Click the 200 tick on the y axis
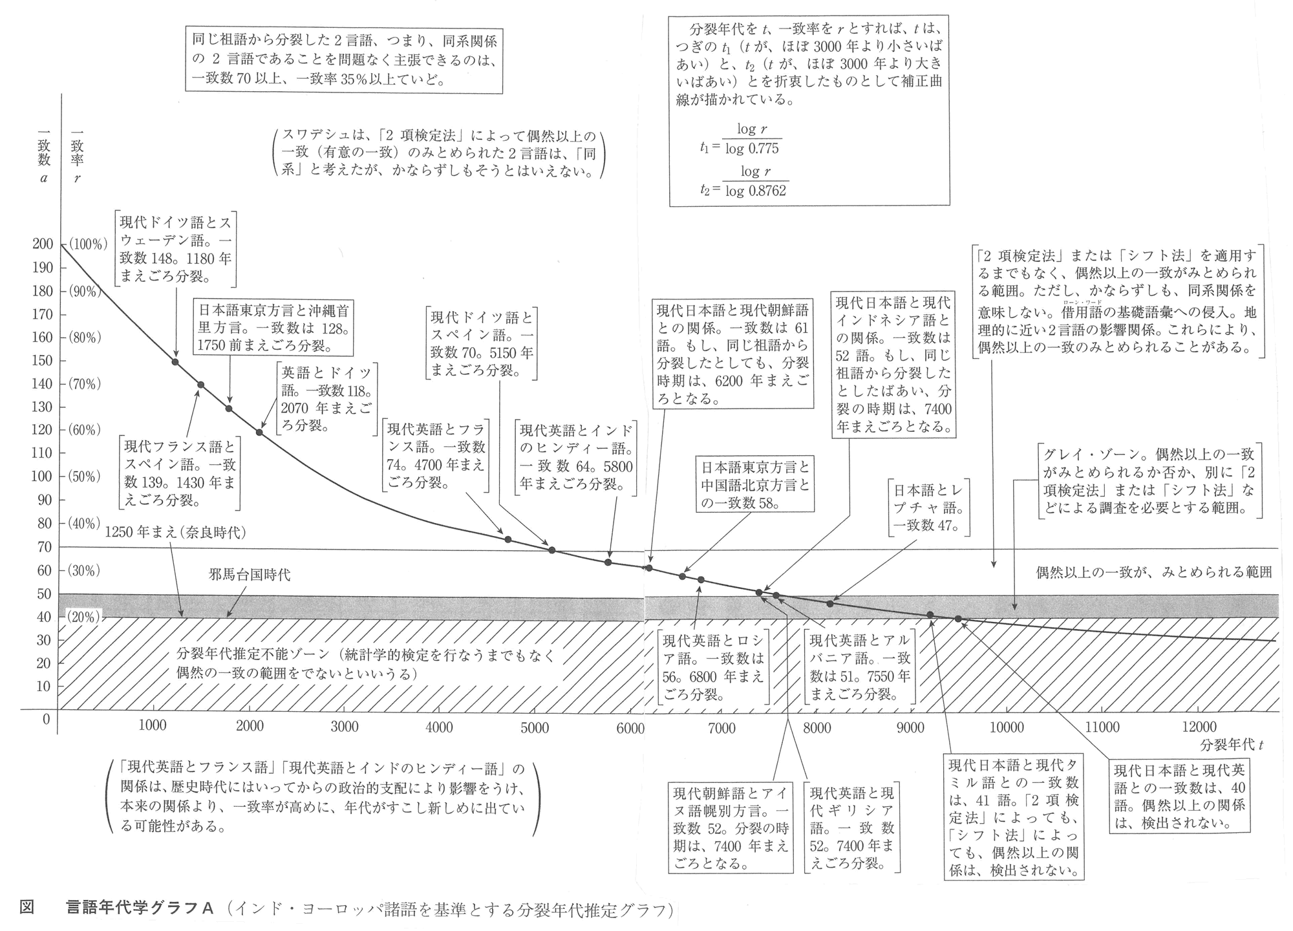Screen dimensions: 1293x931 [43, 244]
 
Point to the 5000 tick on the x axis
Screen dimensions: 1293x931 [535, 727]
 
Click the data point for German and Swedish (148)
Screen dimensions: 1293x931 [175, 361]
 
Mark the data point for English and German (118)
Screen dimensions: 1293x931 [259, 433]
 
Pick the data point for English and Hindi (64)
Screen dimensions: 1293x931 [608, 562]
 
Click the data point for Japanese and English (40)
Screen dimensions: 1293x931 [958, 619]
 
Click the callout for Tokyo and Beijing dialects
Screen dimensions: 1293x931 [754, 484]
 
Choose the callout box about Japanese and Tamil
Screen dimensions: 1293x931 [1013, 817]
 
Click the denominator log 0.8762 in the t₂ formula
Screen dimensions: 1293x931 [756, 191]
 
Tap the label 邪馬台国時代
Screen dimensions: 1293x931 [250, 574]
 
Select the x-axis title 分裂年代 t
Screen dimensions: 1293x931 [1232, 745]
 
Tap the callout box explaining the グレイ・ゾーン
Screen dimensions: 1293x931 [1150, 480]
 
